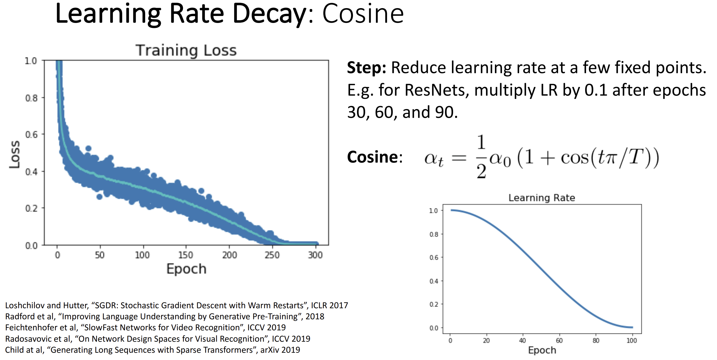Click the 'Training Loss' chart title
click(186, 50)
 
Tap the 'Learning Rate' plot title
click(542, 198)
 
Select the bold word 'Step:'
click(366, 68)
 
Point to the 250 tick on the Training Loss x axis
click(272, 255)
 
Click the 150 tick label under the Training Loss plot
click(186, 255)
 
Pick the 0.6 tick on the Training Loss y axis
click(31, 135)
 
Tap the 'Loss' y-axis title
click(15, 154)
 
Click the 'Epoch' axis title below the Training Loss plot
click(186, 269)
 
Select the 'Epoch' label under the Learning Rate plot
click(542, 350)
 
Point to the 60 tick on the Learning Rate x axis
click(559, 340)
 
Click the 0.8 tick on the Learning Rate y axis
click(434, 234)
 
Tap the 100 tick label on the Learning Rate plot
click(632, 340)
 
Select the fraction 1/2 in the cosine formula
click(481, 157)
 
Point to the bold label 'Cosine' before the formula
click(373, 157)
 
